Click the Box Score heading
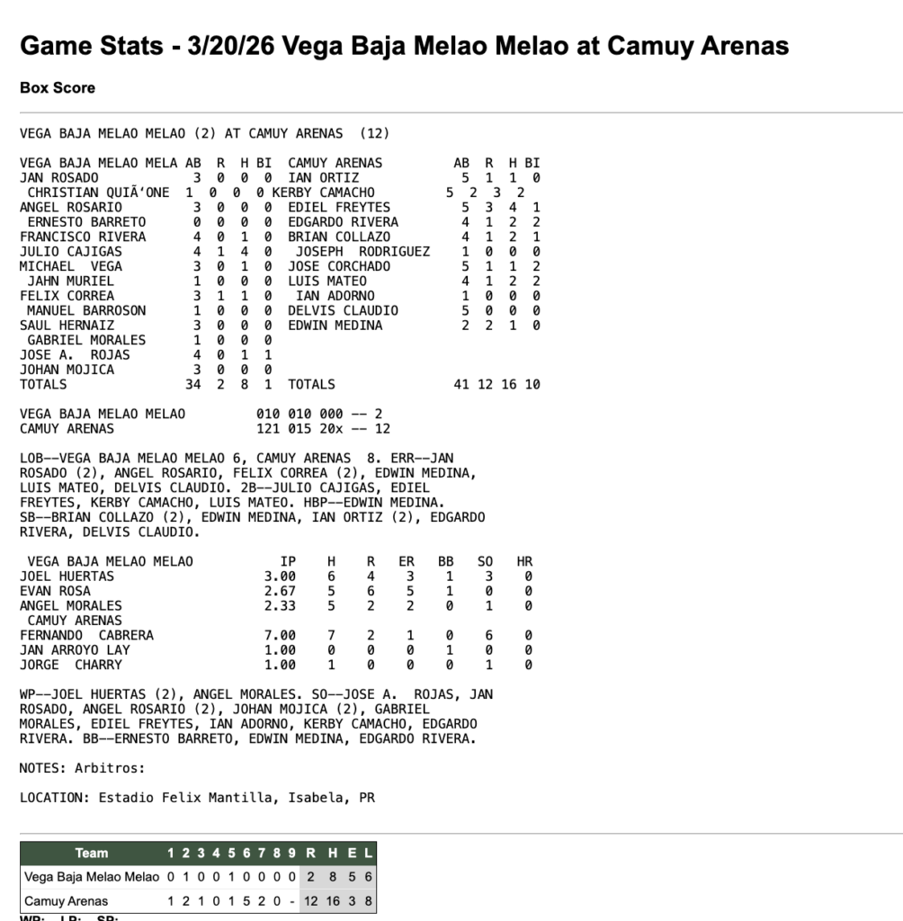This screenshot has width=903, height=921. coord(58,88)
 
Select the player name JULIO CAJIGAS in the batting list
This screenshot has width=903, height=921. coord(70,251)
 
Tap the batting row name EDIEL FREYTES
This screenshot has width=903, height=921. coord(326,207)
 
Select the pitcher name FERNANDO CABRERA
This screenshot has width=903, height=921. coord(86,635)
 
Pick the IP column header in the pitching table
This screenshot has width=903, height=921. coord(288,561)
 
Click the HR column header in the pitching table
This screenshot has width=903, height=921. coord(524,561)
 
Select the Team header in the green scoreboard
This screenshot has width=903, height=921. coord(91,853)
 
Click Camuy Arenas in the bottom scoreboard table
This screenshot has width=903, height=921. coord(67,900)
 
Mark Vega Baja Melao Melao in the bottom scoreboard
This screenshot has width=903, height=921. coord(91,877)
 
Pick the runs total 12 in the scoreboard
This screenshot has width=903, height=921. coord(311,900)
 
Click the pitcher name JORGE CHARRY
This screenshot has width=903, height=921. coord(70,665)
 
